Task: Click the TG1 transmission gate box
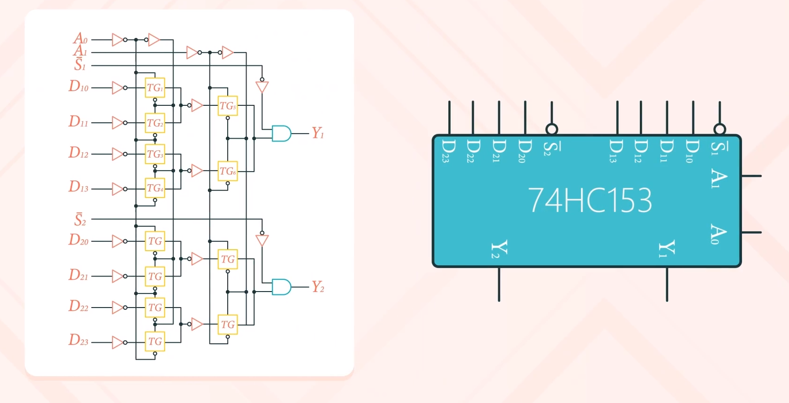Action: coord(155,87)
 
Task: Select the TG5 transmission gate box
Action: coord(228,106)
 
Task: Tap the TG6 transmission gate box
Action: coord(228,171)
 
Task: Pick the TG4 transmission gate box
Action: coord(155,188)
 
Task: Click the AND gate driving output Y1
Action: coord(281,134)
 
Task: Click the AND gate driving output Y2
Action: coord(281,287)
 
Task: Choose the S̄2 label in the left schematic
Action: coord(80,219)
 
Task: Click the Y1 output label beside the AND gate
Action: coord(318,133)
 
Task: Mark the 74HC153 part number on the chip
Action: coord(590,200)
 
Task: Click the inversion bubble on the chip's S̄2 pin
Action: coord(552,129)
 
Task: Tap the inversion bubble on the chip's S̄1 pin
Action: coord(719,129)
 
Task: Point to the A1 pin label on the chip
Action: coord(718,178)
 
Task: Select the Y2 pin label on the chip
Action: coord(499,249)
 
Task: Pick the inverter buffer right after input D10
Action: coord(118,87)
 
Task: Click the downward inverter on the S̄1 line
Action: coord(262,87)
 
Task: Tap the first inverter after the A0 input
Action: coord(118,40)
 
